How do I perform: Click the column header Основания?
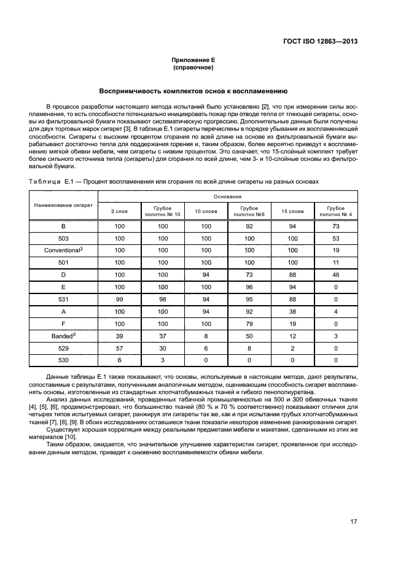point(227,196)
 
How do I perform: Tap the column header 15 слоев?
point(292,211)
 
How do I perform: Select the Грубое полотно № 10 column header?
point(163,211)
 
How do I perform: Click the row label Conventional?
point(62,250)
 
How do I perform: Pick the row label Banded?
point(62,336)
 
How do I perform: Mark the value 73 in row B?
point(335,226)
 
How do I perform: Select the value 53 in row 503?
point(335,238)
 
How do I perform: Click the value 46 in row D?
point(335,275)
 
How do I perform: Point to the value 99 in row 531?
point(119,300)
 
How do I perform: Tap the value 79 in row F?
point(249,324)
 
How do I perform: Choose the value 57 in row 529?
point(119,349)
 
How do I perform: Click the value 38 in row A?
point(292,312)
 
